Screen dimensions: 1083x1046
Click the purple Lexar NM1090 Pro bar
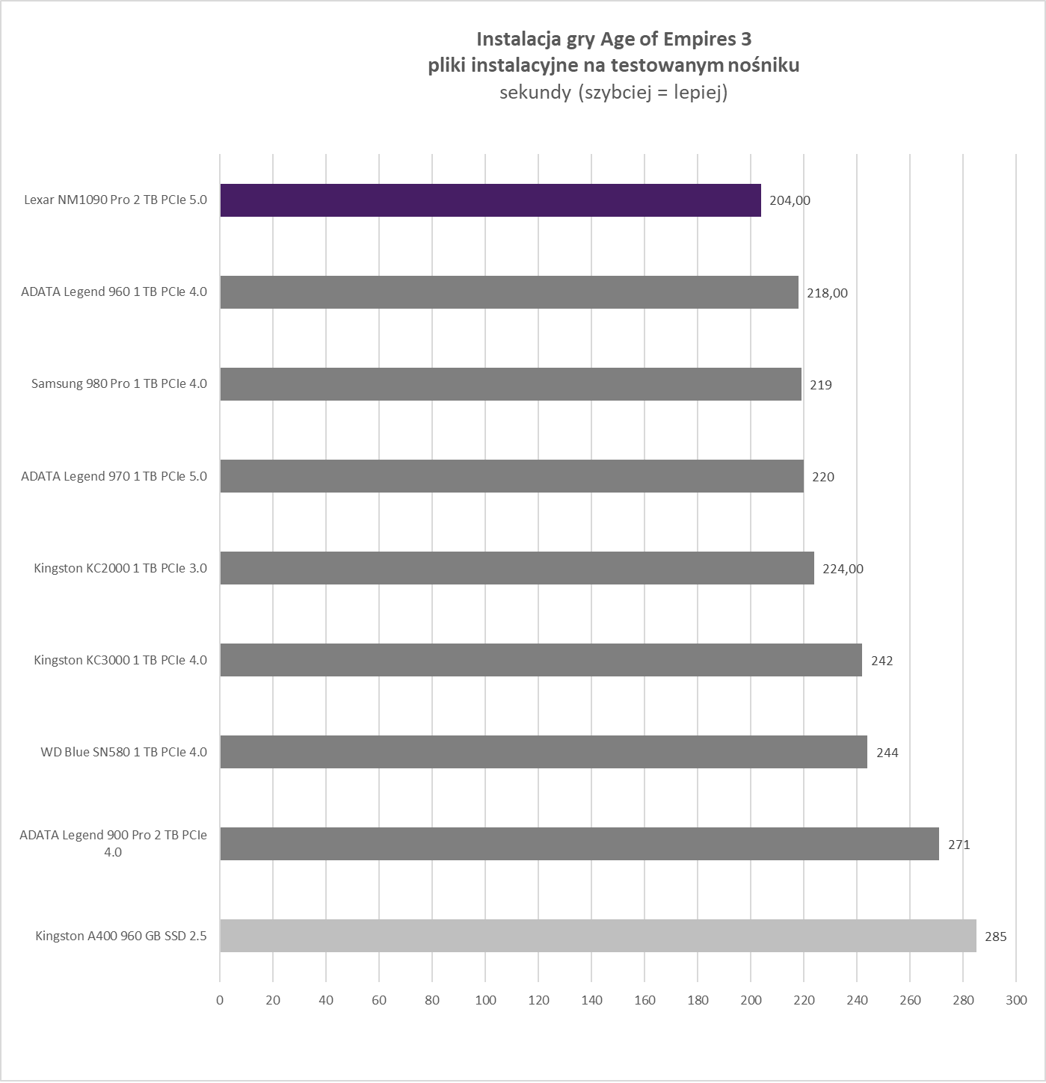pyautogui.click(x=490, y=200)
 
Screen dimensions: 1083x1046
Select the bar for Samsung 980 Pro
pyautogui.click(x=510, y=384)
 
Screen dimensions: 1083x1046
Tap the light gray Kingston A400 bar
pyautogui.click(x=597, y=936)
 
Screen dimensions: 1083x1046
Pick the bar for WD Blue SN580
pyautogui.click(x=543, y=752)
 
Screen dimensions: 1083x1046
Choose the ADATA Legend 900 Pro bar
pyautogui.click(x=579, y=844)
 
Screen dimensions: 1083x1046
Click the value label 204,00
pyautogui.click(x=790, y=200)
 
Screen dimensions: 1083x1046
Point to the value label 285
pyautogui.click(x=995, y=937)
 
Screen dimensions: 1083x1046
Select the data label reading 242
pyautogui.click(x=882, y=661)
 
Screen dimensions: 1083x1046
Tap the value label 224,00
pyautogui.click(x=843, y=569)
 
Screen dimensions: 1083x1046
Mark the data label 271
pyautogui.click(x=959, y=845)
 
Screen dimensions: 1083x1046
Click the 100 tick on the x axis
pyautogui.click(x=485, y=1000)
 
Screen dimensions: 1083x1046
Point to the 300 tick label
pyautogui.click(x=1016, y=1000)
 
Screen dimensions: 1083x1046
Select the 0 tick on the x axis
pyautogui.click(x=220, y=1000)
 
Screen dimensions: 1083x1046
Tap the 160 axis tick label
pyautogui.click(x=644, y=1000)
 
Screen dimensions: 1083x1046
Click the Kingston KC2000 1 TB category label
pyautogui.click(x=120, y=568)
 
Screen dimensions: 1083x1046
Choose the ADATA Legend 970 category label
pyautogui.click(x=114, y=476)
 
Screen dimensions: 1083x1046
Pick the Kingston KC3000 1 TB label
pyautogui.click(x=120, y=660)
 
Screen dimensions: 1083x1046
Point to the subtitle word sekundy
pyautogui.click(x=535, y=93)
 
